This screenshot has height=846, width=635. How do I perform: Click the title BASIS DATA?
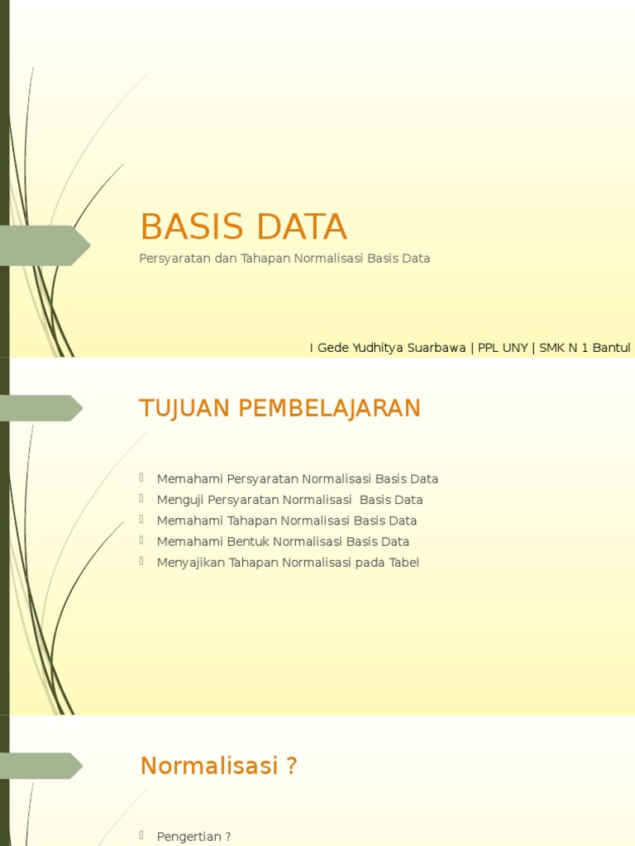point(243,227)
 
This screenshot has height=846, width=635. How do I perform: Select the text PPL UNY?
point(503,348)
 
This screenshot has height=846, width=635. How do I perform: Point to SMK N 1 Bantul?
point(585,348)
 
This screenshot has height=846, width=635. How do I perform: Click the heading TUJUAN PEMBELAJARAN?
point(280,408)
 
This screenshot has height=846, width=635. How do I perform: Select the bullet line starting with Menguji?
point(289,500)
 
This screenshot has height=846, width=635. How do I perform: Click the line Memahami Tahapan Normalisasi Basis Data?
point(287,520)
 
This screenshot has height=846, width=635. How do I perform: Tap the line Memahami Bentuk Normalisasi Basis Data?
point(283,542)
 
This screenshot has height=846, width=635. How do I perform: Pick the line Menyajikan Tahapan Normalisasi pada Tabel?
point(288,563)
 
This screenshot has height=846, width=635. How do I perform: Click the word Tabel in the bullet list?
point(403,563)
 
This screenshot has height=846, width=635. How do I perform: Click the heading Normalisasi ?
point(218,766)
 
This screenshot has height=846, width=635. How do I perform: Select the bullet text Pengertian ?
point(193,837)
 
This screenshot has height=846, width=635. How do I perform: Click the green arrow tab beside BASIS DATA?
point(45,245)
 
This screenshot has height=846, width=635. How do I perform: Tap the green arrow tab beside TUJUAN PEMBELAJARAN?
point(41,408)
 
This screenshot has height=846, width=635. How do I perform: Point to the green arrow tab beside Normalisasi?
point(41,766)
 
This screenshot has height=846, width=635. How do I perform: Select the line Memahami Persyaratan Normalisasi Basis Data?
point(298,479)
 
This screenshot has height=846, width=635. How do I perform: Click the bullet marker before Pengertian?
point(142,836)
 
